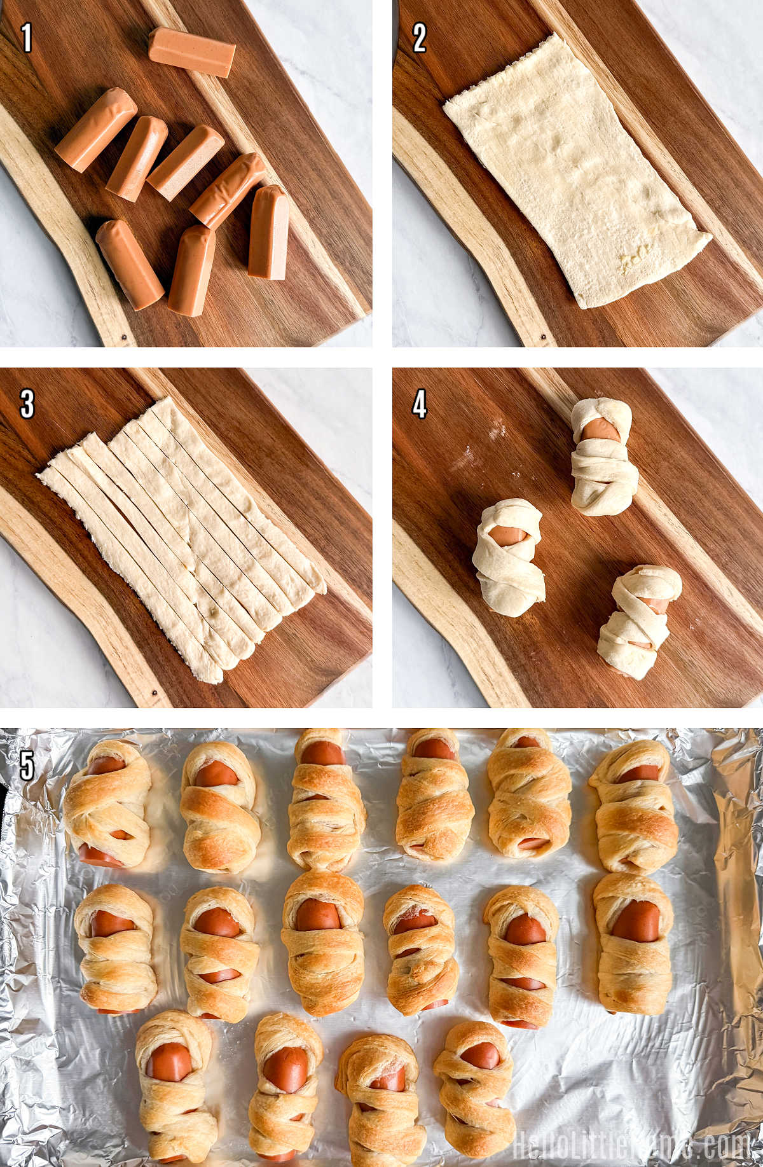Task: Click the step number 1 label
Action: (26, 38)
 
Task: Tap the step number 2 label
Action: (419, 38)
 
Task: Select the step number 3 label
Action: (27, 403)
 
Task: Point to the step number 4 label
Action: (419, 403)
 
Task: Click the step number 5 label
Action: (27, 766)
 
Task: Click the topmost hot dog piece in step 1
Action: (192, 52)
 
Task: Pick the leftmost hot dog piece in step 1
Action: (96, 129)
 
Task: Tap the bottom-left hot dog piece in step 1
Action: (130, 264)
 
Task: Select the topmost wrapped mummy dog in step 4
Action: (603, 456)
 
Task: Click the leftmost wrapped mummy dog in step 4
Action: (508, 557)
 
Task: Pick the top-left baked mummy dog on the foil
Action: (107, 803)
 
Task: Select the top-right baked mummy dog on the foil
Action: (634, 806)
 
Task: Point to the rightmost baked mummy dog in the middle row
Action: (633, 943)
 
